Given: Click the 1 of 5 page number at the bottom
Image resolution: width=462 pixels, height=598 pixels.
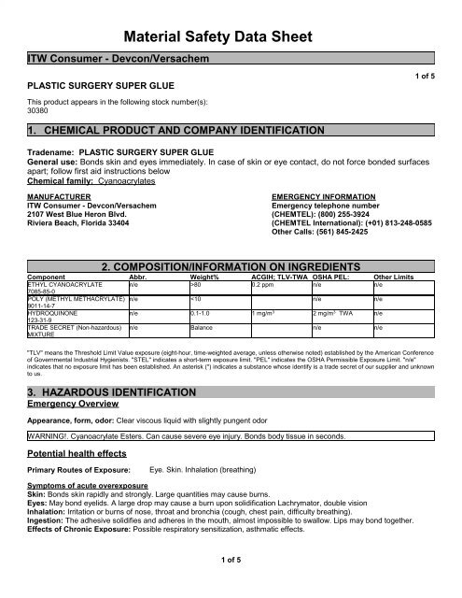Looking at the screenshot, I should coord(231,586).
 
